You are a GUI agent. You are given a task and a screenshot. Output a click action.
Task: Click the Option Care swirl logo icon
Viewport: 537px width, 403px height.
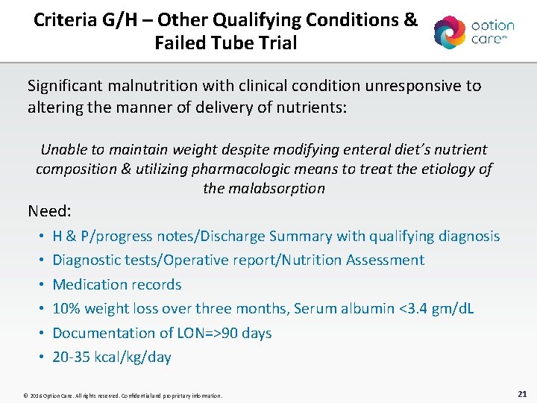[x=450, y=32]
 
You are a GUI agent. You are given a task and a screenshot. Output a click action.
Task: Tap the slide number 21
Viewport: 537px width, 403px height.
[x=522, y=393]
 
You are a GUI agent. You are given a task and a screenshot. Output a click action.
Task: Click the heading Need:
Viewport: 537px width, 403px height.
[x=51, y=210]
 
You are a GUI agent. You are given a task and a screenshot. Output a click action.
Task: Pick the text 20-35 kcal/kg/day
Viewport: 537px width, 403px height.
[x=112, y=357]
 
